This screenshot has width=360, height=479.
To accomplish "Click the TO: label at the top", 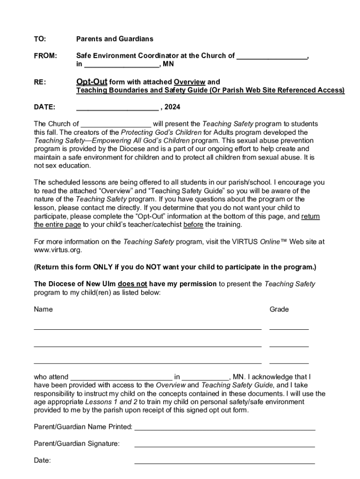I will [40, 39].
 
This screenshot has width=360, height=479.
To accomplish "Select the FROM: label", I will [45, 56].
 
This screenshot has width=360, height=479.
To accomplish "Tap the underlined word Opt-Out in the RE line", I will [92, 82].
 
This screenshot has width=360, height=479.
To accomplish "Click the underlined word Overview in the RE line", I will [189, 82].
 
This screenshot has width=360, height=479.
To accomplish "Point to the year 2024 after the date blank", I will [172, 107].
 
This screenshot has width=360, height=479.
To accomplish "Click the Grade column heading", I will [279, 309].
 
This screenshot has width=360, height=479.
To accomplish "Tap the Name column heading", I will [43, 309].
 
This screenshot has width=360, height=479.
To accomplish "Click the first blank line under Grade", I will [289, 329].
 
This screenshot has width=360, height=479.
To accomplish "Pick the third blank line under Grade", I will [289, 363].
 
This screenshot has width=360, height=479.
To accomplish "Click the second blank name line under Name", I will [147, 346].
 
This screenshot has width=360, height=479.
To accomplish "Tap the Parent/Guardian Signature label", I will [77, 443].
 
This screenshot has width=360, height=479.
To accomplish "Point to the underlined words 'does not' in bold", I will [132, 283].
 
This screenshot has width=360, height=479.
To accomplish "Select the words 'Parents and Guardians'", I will [115, 39].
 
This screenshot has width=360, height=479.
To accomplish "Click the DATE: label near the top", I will [44, 107].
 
